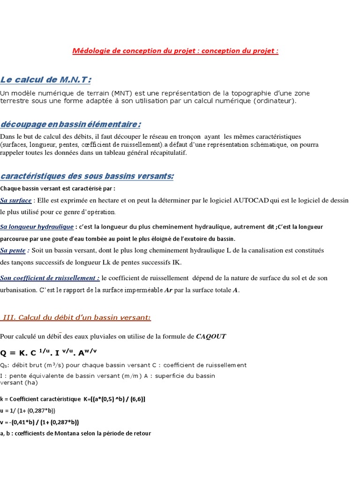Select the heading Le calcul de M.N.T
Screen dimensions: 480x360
point(45,79)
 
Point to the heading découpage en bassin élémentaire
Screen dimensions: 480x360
point(71,124)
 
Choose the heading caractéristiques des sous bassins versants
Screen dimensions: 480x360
point(87,176)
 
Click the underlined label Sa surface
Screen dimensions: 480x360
point(16,200)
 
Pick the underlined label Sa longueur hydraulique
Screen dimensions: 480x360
point(37,227)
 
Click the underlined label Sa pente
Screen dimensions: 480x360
point(13,250)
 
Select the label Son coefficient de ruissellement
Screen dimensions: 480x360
point(50,278)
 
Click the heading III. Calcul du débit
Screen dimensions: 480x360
point(76,318)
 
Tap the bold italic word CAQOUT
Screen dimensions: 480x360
point(211,336)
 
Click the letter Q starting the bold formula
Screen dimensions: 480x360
point(4,352)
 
